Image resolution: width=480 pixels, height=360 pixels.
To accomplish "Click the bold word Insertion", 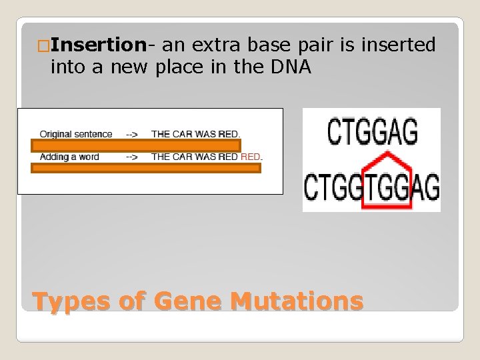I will click(98, 45).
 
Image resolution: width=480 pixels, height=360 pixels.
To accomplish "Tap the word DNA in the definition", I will click(291, 67).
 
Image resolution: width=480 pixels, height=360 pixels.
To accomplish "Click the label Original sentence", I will click(76, 134).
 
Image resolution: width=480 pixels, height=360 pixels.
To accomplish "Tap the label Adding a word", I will click(69, 157).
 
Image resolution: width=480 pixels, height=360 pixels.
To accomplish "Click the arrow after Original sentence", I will click(132, 134).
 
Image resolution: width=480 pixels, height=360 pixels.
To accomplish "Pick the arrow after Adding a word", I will click(132, 157).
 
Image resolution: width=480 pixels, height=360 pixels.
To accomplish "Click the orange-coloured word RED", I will click(251, 157).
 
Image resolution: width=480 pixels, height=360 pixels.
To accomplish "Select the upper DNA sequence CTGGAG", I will click(372, 131).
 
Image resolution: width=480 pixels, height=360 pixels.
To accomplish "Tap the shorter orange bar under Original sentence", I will click(136, 145).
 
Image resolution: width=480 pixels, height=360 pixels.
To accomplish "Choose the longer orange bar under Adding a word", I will click(146, 168).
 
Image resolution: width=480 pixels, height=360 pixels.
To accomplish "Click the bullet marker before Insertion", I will click(43, 46).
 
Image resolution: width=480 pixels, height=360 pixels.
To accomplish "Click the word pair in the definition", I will click(327, 45).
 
